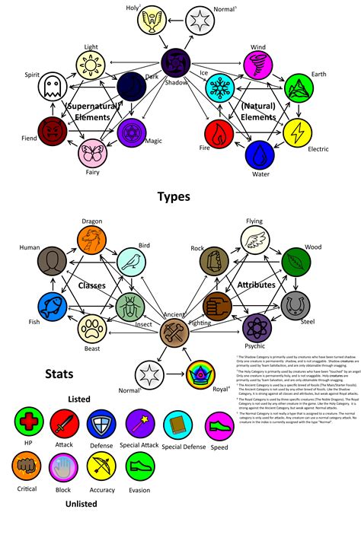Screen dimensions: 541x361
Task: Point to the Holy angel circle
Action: pyautogui.click(x=152, y=20)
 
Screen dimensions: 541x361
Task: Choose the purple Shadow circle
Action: pyautogui.click(x=176, y=62)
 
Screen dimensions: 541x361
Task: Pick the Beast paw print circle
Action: pyautogui.click(x=92, y=329)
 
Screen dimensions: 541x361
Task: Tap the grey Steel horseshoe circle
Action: pyautogui.click(x=296, y=306)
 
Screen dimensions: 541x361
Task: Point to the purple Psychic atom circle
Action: pyautogui.click(x=258, y=328)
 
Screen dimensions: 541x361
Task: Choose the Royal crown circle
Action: pyautogui.click(x=200, y=375)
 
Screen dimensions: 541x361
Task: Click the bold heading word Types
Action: pyautogui.click(x=174, y=197)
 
